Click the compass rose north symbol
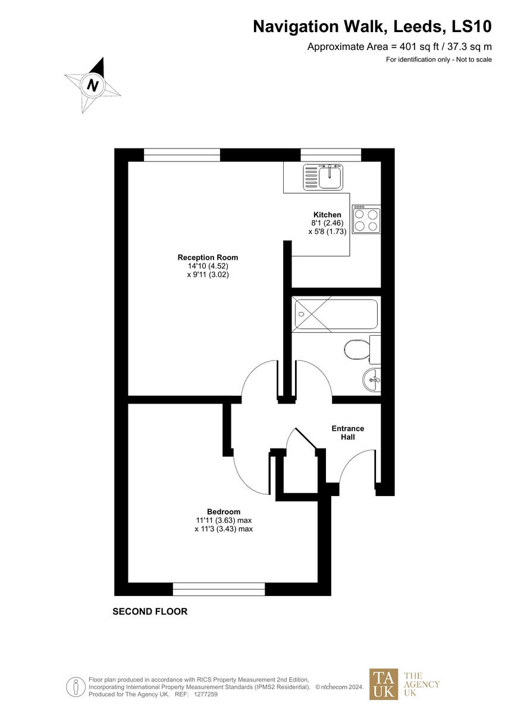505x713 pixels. pyautogui.click(x=93, y=86)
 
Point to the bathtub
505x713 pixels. pyautogui.click(x=335, y=314)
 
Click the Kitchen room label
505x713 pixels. pyautogui.click(x=327, y=214)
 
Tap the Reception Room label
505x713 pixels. pyautogui.click(x=208, y=257)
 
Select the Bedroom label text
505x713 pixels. pyautogui.click(x=224, y=512)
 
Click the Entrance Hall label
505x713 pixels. pyautogui.click(x=347, y=433)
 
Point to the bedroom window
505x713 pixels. pyautogui.click(x=218, y=589)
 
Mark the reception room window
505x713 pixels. pyautogui.click(x=181, y=155)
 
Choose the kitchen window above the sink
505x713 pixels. pyautogui.click(x=331, y=155)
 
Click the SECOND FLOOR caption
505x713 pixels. pyautogui.click(x=150, y=611)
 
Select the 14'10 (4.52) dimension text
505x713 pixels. pyautogui.click(x=208, y=266)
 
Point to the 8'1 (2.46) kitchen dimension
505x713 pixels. pyautogui.click(x=327, y=223)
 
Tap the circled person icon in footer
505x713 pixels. pyautogui.click(x=76, y=687)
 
